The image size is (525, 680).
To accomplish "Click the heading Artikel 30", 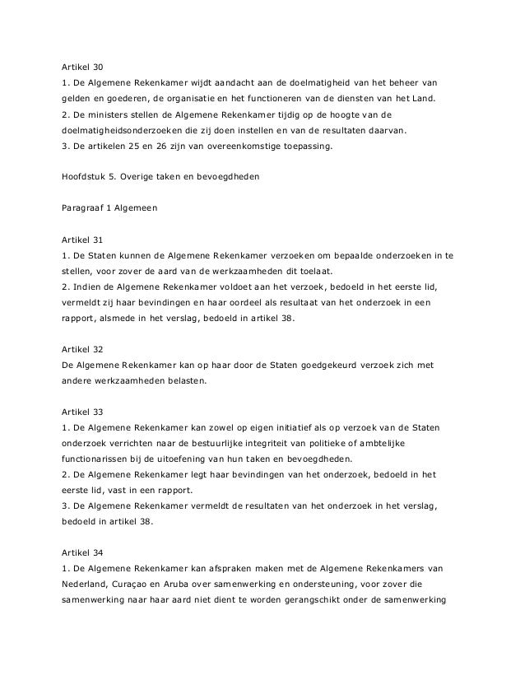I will pos(83,65).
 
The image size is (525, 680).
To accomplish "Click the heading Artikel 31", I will pos(83,240).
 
